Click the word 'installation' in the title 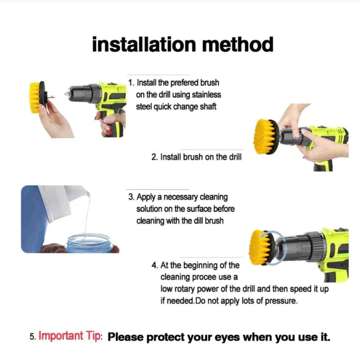139,45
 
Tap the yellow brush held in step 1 35,97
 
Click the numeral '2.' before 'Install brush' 154,157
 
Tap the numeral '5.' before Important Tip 32,337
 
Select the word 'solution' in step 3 151,209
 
